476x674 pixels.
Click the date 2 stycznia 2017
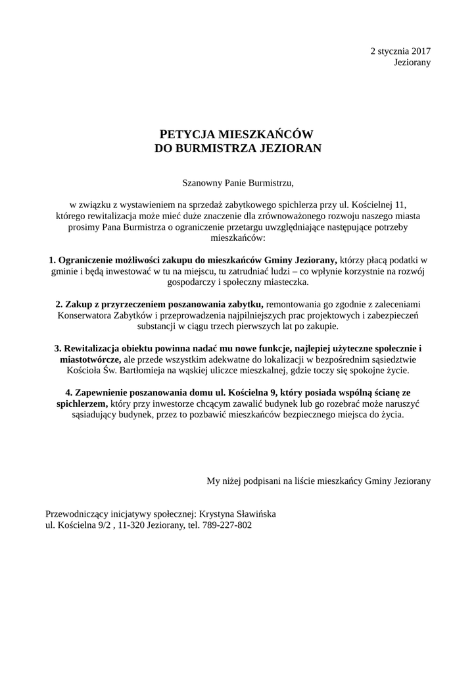[400, 51]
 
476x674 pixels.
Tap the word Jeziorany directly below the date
[412, 63]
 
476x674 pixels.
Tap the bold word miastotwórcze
[89, 360]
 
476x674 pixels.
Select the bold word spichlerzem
[80, 405]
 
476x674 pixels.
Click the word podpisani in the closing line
[260, 481]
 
